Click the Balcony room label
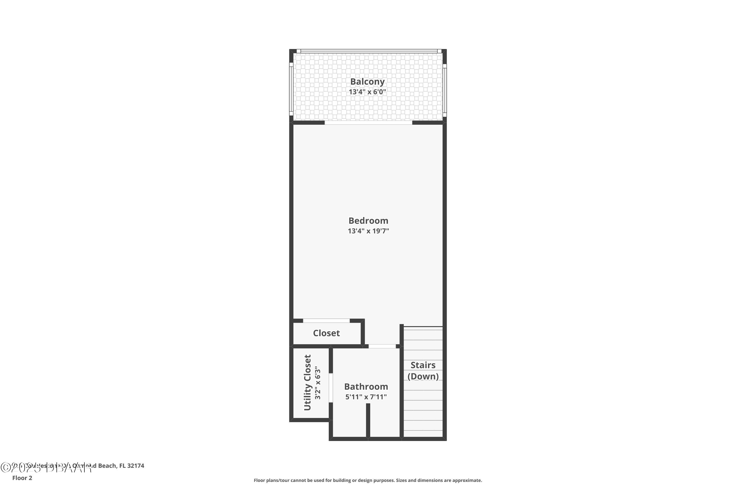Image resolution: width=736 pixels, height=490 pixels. tap(367, 82)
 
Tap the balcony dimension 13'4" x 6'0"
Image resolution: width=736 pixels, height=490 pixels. tap(367, 92)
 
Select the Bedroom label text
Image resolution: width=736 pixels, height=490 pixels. tap(368, 221)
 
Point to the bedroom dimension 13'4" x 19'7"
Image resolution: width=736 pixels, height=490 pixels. tap(368, 231)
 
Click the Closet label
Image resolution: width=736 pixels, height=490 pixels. tap(326, 333)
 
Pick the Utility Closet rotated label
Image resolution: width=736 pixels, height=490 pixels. tap(308, 382)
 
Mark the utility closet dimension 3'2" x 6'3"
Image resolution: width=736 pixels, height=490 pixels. tap(318, 383)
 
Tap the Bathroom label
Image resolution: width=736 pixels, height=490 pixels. tap(366, 387)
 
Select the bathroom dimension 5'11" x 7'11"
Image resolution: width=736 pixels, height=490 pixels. tap(366, 397)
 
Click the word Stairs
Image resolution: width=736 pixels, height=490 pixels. tap(423, 365)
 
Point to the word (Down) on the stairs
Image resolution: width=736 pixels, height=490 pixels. tap(423, 376)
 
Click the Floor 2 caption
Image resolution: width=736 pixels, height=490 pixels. tap(22, 478)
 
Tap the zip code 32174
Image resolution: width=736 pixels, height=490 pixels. tap(136, 466)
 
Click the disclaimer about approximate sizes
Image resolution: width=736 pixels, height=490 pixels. tap(368, 480)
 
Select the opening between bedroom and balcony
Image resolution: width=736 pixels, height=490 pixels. tap(368, 123)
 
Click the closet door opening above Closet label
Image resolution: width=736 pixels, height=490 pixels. tap(326, 321)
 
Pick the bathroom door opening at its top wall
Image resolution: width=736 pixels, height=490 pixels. tap(382, 346)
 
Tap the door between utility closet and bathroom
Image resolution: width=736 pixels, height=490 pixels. tap(330, 388)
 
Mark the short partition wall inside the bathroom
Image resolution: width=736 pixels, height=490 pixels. tap(368, 420)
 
